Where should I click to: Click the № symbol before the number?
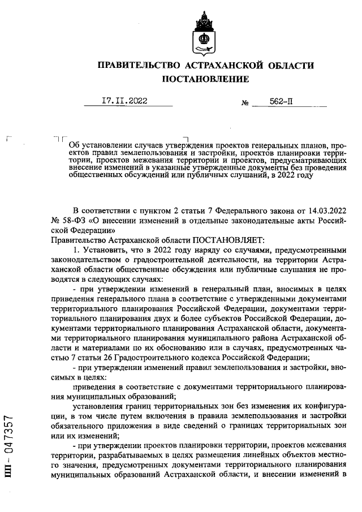tap(245, 103)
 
